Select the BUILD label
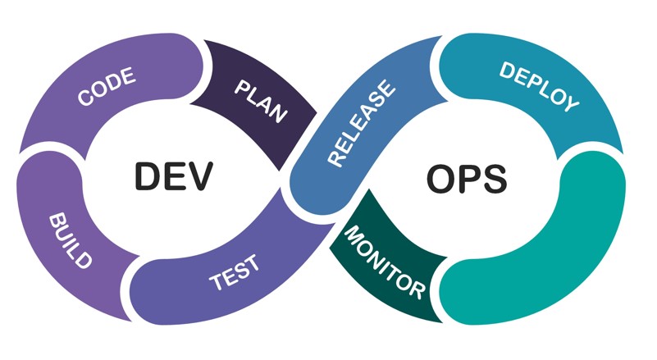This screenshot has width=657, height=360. [x=71, y=240]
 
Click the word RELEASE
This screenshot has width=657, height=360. [x=362, y=124]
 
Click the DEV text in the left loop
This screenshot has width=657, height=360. [x=174, y=175]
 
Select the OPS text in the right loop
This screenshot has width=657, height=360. [x=467, y=179]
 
